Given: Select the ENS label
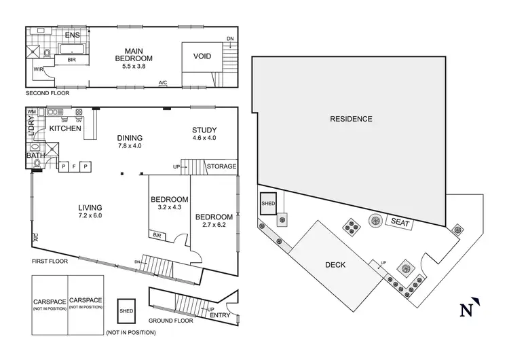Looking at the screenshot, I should coord(72,35).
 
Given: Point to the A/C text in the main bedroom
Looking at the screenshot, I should coord(163,84).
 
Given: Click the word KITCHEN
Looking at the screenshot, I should coord(66,128).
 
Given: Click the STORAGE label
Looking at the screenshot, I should coord(221,166).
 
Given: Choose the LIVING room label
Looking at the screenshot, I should coord(90,206).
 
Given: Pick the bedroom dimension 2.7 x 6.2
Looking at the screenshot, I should coord(214,226).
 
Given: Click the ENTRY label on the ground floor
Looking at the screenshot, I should coord(220,314).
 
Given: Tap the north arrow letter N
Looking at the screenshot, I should coord(466,310).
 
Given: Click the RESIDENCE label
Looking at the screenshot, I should coord(351,119).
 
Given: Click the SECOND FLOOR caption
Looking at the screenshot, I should coord(48,93).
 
